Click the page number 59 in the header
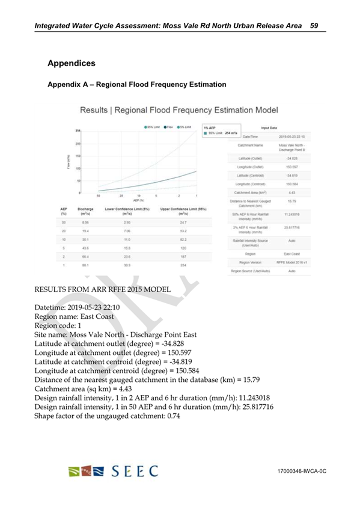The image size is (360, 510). click(314, 26)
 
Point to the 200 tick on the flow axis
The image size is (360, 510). click(78, 144)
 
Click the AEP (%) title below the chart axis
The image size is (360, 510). click(139, 200)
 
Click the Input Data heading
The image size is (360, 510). click(268, 127)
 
